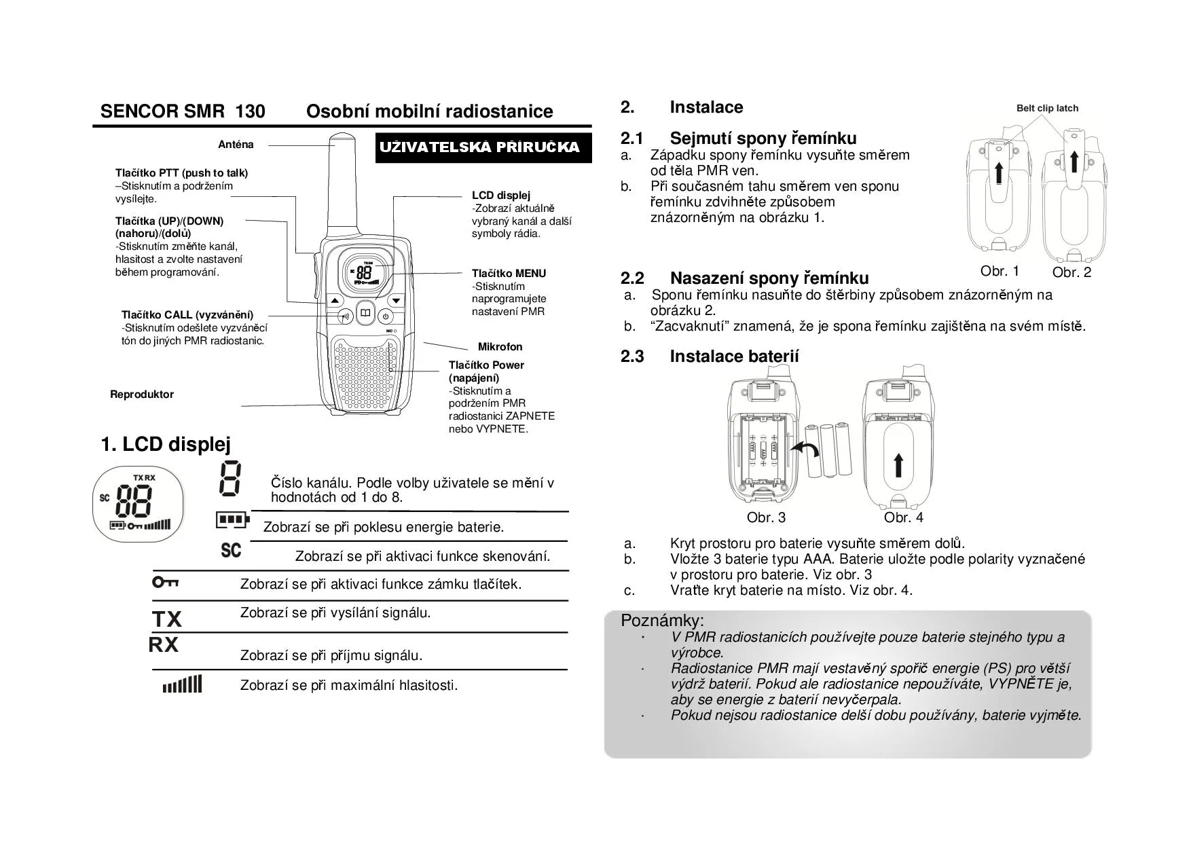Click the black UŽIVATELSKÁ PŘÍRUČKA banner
click(483, 148)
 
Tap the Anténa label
click(236, 145)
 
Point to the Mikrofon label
click(500, 347)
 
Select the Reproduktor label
click(142, 395)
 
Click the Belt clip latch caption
click(1047, 108)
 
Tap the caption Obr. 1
click(1000, 271)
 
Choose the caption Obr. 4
click(903, 517)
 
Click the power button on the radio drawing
click(385, 316)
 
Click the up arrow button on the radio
click(335, 300)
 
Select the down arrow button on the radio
click(396, 300)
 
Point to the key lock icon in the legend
click(166, 582)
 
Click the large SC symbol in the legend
click(231, 550)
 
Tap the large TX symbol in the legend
click(167, 619)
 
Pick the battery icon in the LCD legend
click(232, 521)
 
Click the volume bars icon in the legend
click(182, 684)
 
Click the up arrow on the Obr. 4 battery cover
click(898, 466)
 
